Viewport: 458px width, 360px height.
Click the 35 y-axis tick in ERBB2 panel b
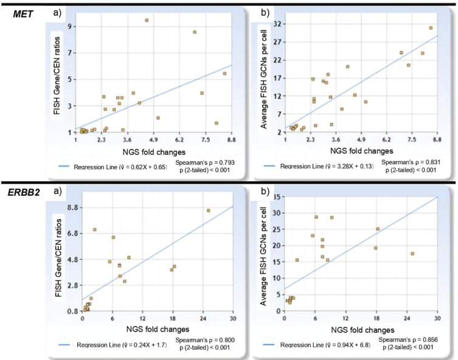(x=277, y=197)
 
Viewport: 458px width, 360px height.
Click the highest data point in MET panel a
(x=147, y=20)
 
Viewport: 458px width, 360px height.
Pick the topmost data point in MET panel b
(x=431, y=28)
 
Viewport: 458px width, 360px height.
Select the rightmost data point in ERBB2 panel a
(x=208, y=210)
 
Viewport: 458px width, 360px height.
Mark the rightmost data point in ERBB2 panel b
(x=412, y=254)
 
